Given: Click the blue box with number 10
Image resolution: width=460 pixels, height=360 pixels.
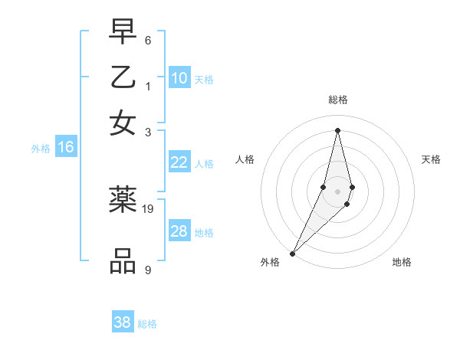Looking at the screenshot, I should (179, 78).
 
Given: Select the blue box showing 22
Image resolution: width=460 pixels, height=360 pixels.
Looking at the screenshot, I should (179, 162).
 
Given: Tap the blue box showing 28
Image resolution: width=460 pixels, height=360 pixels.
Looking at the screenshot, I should (179, 231).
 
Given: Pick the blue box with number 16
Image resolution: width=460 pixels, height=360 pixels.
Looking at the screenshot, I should (66, 147).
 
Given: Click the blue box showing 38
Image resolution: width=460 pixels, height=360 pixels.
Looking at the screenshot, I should (123, 322).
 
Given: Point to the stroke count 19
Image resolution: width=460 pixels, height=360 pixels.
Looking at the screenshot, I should (148, 208).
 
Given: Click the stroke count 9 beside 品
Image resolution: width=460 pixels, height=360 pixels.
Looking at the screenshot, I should (147, 270).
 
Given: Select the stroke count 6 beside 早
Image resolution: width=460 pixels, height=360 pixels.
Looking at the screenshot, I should (147, 39).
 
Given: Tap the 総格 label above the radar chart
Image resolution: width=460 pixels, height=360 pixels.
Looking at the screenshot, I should (338, 100).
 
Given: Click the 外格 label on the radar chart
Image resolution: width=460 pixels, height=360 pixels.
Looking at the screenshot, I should (270, 262).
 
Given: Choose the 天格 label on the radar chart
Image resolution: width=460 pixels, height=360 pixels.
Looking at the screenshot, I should (431, 159).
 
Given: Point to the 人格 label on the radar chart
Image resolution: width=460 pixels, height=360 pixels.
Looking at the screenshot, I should (245, 159).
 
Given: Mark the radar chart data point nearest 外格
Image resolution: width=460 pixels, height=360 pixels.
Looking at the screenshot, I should (293, 253).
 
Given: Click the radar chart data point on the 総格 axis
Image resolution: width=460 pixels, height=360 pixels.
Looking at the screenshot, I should (338, 129).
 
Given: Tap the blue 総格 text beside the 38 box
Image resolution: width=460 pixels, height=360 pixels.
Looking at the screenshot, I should (147, 324).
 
